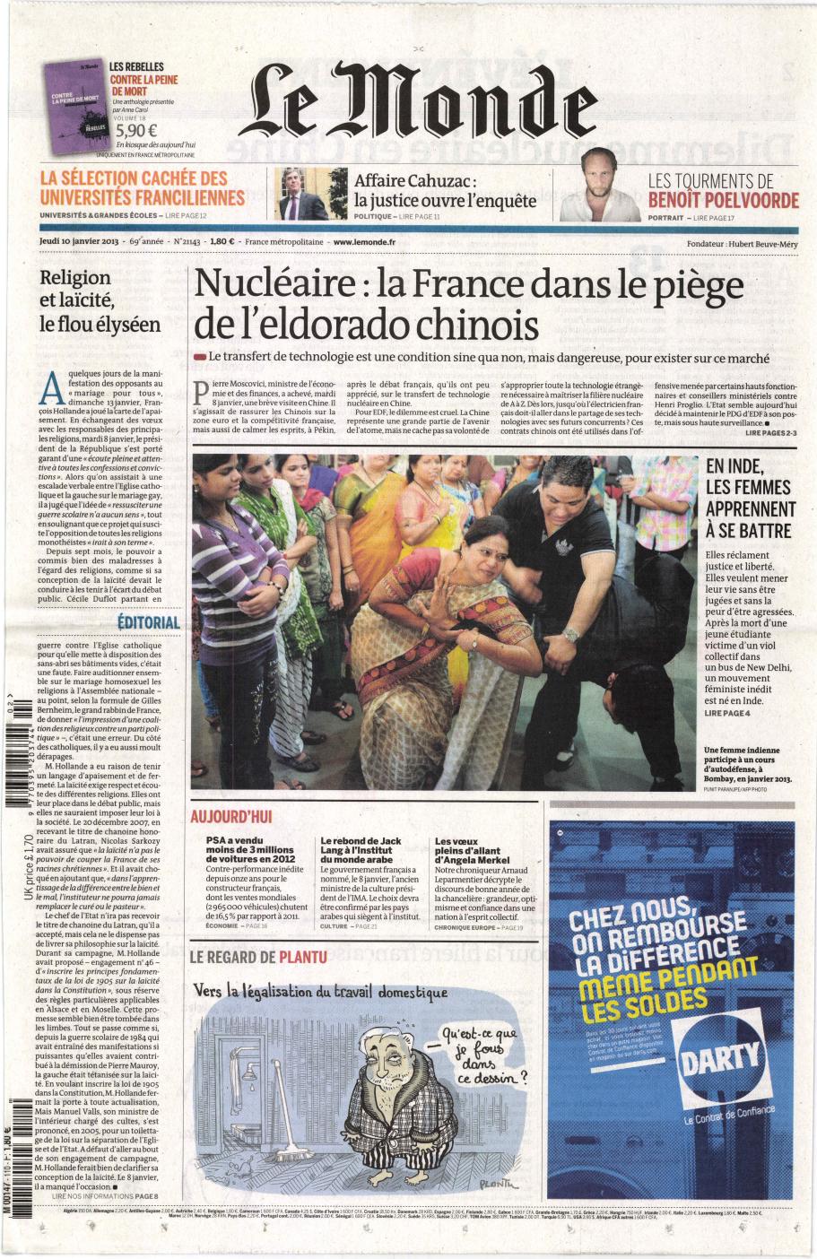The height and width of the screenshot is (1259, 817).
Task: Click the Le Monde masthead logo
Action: [423, 109]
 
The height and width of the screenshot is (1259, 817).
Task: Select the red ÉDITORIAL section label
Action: [149, 622]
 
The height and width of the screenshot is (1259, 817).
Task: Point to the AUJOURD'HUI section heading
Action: [230, 817]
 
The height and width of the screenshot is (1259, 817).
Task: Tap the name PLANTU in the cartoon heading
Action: [302, 957]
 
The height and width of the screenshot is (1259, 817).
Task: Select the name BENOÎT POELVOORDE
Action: [723, 200]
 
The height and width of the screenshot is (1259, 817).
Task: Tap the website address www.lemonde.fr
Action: [363, 241]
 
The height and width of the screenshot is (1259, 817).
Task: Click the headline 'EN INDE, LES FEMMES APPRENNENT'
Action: [749, 498]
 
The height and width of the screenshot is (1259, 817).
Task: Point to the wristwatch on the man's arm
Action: [570, 635]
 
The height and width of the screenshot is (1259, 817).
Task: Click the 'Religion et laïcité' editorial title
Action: [100, 300]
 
